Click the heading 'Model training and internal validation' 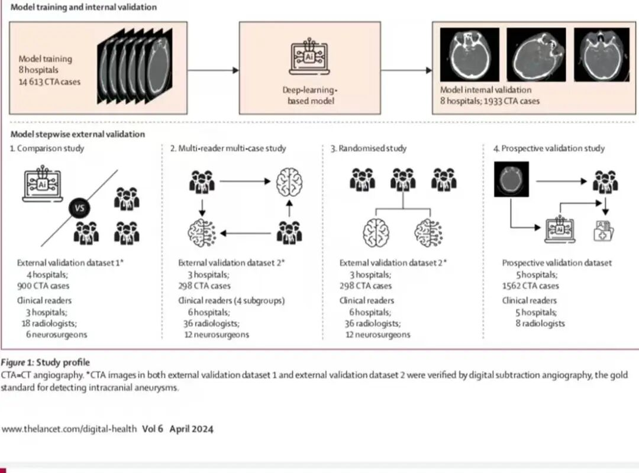click(83, 8)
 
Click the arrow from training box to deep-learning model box click(213, 70)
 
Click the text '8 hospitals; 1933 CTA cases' click(490, 101)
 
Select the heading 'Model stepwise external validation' click(78, 134)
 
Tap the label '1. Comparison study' click(47, 148)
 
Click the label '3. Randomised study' click(369, 148)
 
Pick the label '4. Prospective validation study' click(549, 148)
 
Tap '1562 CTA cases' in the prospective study click(530, 286)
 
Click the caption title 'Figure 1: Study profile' click(46, 362)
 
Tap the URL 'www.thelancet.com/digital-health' click(69, 429)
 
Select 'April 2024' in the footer click(191, 429)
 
